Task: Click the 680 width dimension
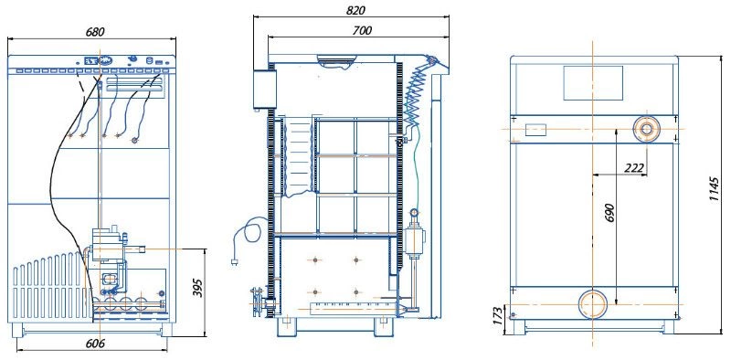95,32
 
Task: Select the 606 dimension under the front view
95,344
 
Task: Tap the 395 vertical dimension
197,288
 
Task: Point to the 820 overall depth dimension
356,10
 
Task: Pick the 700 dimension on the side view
362,30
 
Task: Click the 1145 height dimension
715,189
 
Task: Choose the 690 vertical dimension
611,213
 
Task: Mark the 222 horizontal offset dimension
634,168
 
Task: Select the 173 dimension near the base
499,316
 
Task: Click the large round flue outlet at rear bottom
593,304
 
